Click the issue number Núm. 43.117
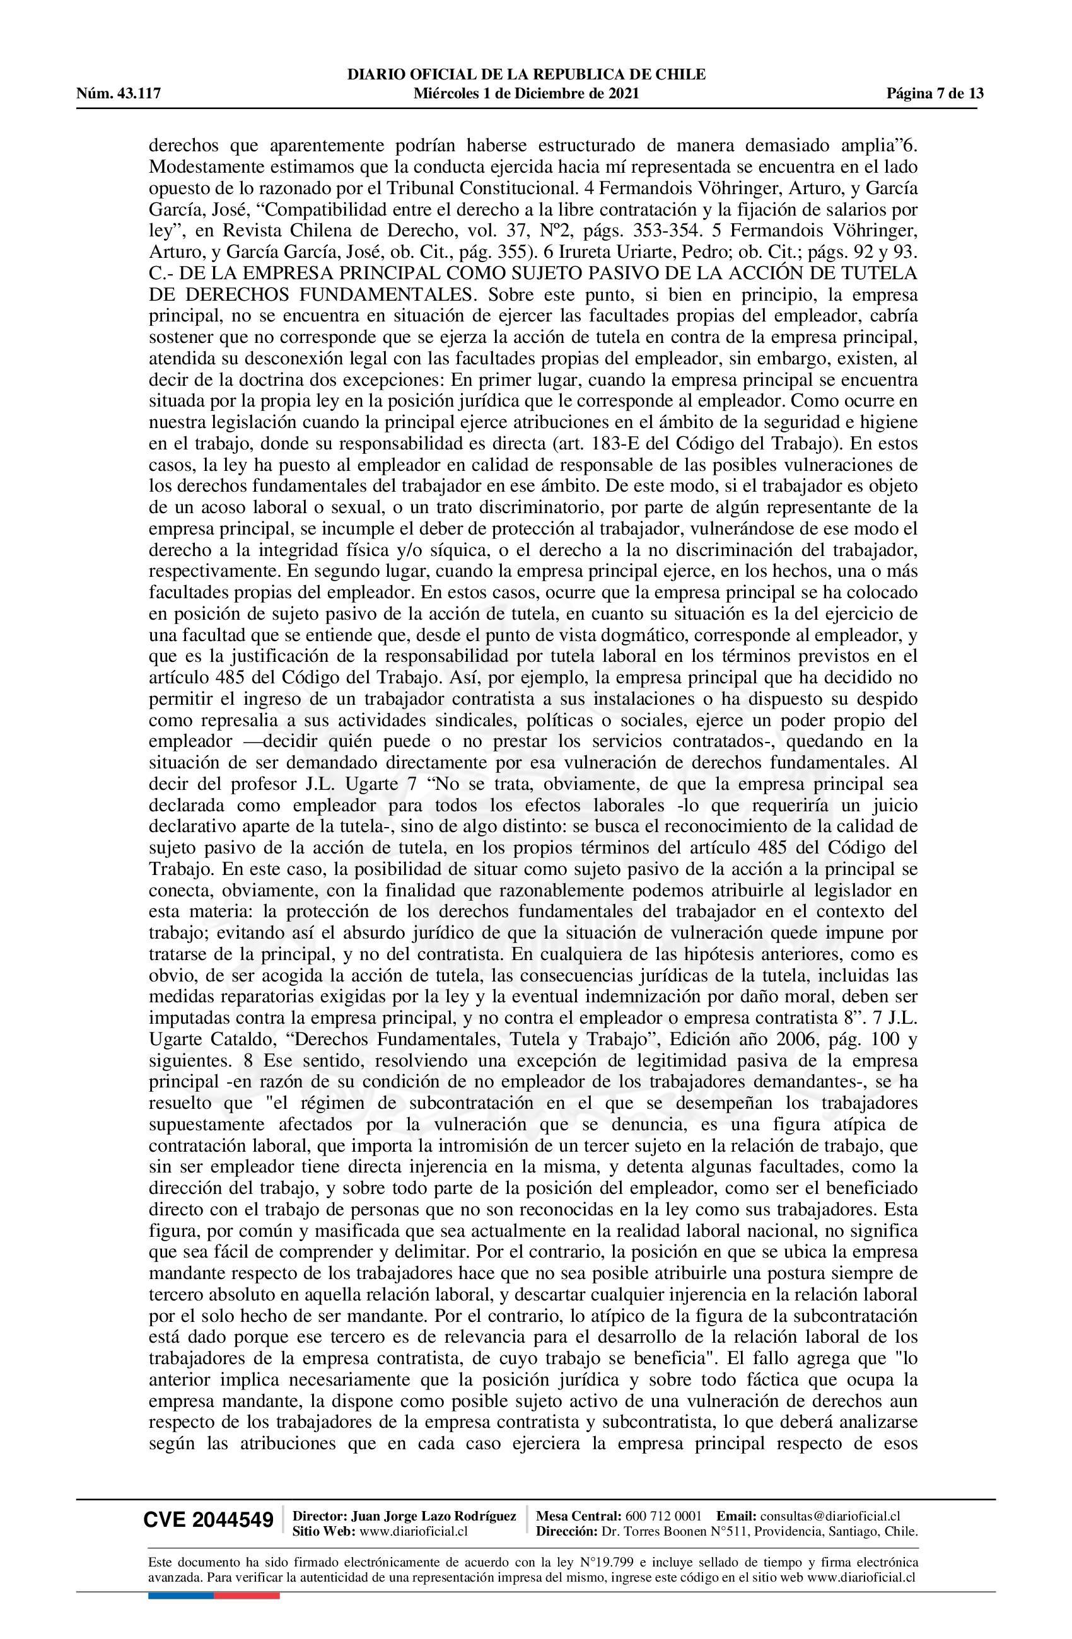point(119,94)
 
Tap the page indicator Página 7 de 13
point(935,94)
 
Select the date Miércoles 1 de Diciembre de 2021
point(527,94)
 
